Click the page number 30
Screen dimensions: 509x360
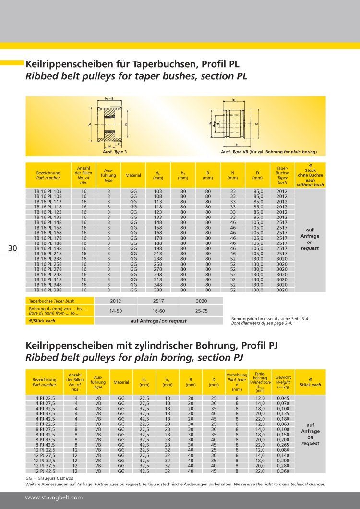pos(12,248)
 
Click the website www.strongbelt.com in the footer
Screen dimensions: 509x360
pos(54,497)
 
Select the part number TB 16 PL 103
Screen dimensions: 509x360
pos(48,191)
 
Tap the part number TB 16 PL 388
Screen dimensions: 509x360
pos(48,290)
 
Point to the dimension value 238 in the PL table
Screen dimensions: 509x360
pos(158,259)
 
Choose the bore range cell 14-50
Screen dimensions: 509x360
pos(116,311)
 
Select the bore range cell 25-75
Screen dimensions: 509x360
pos(202,311)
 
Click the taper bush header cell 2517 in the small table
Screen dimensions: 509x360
pos(158,301)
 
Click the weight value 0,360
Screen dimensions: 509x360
pos(283,471)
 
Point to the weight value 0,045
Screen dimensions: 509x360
pos(283,398)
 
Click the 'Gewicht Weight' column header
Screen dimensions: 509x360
pos(283,382)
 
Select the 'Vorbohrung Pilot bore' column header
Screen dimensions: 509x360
pos(237,382)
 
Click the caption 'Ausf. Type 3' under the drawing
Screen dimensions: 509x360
pos(115,152)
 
